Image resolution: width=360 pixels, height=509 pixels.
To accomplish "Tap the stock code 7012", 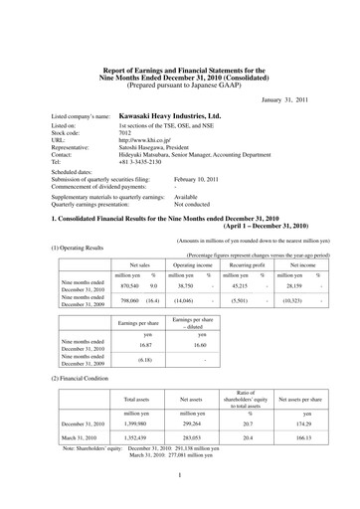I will [x=126, y=163].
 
